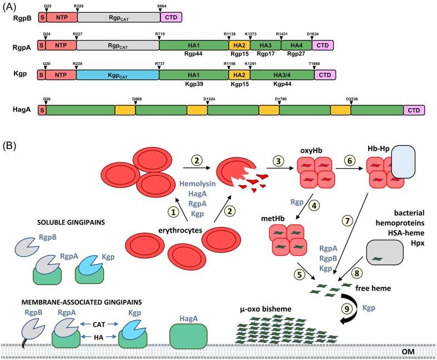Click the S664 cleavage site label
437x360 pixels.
162,4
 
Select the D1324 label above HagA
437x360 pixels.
209,99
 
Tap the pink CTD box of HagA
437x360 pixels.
414,110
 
